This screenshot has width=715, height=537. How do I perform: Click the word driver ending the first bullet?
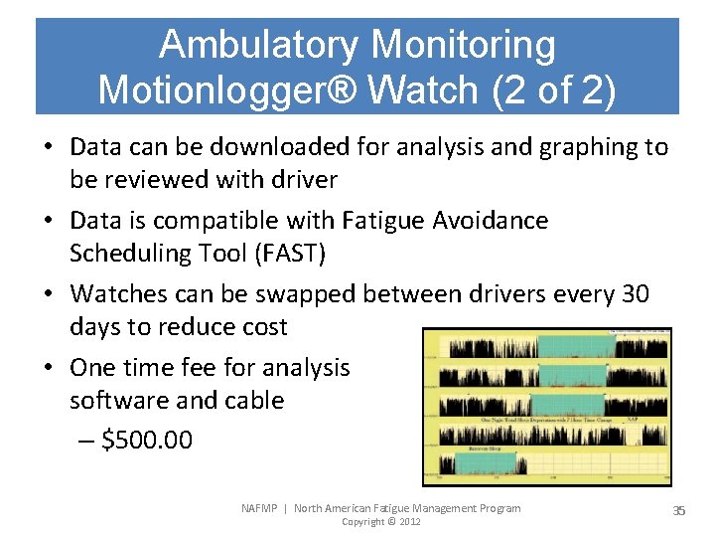pyautogui.click(x=302, y=180)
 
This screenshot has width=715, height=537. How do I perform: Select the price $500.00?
pyautogui.click(x=147, y=440)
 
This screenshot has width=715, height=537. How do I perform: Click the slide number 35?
pyautogui.click(x=679, y=510)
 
